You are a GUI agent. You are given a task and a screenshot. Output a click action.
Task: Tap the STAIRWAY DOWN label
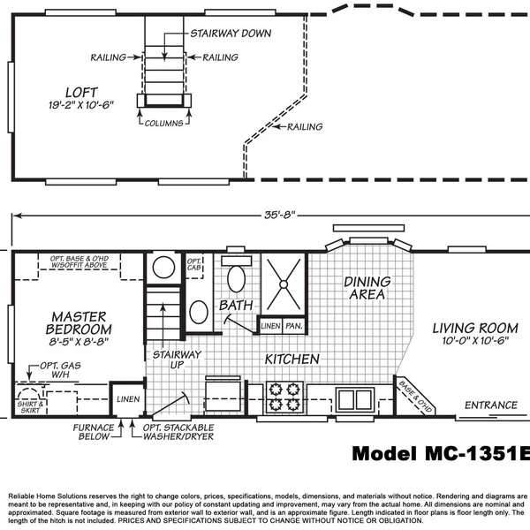point(231,34)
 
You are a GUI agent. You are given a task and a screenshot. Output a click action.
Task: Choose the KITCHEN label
point(292,359)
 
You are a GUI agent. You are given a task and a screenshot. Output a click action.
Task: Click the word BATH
point(236,305)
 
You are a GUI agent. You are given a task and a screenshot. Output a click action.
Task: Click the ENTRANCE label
point(491,405)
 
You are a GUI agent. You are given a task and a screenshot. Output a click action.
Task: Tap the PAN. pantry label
point(294,326)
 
